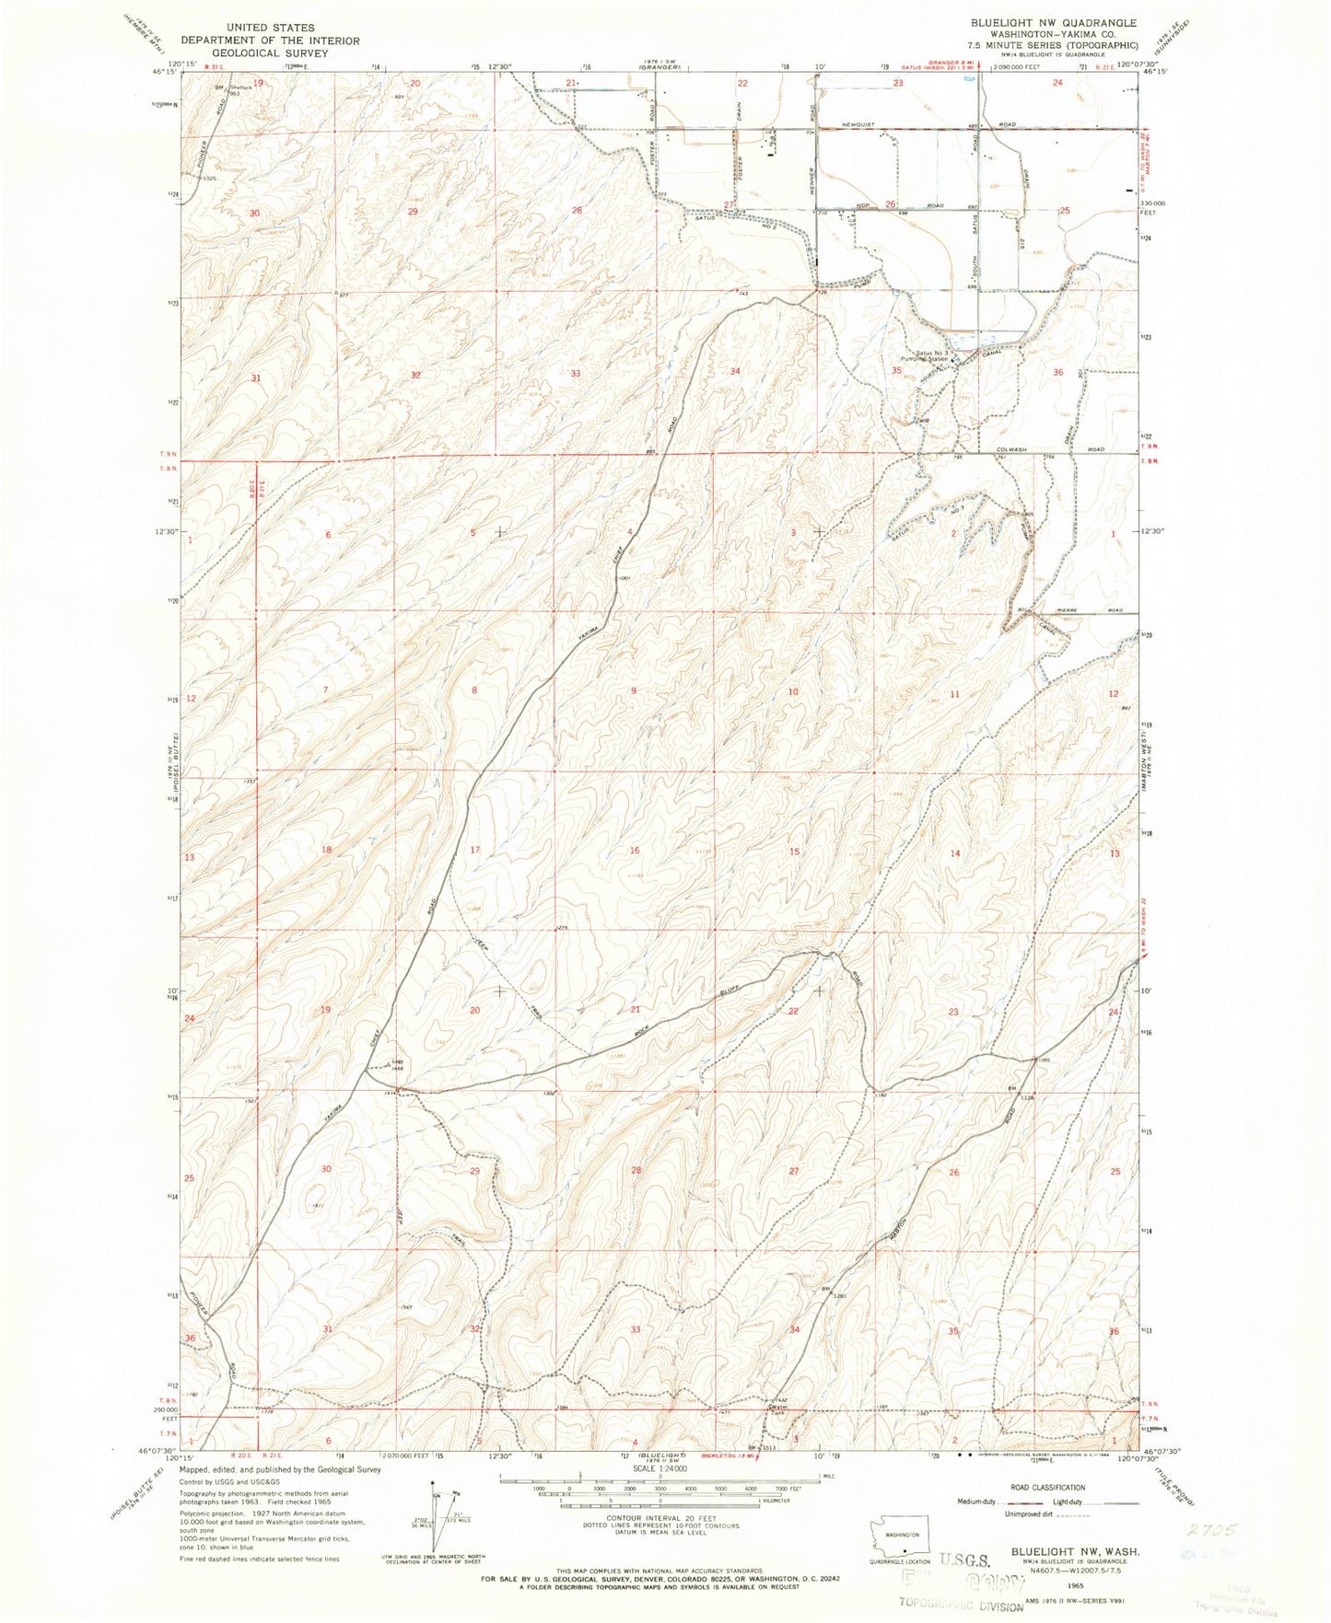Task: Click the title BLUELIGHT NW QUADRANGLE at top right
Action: point(1053,23)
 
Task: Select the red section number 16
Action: point(634,851)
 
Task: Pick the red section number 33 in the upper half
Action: point(576,374)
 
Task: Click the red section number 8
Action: point(474,690)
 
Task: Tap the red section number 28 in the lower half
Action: point(635,1170)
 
